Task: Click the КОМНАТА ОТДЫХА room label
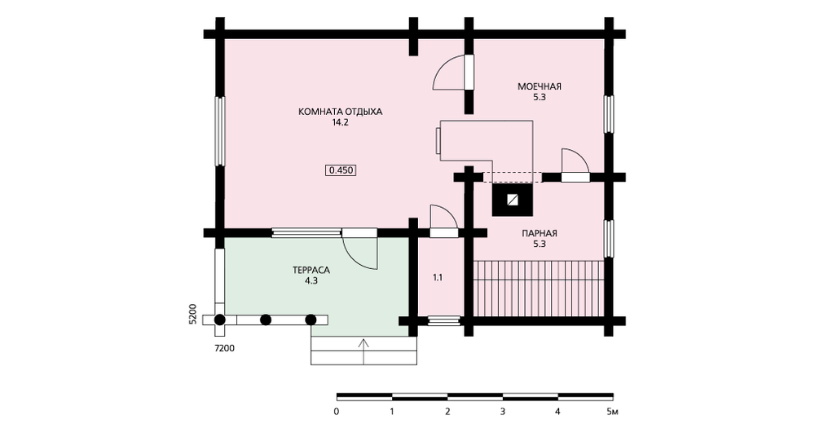[x=340, y=112]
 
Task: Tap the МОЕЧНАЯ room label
[x=539, y=86]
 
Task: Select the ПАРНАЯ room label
[x=540, y=233]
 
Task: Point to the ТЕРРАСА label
[x=311, y=271]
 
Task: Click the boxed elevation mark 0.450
[x=341, y=170]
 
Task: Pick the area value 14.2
[x=340, y=123]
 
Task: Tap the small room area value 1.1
[x=438, y=278]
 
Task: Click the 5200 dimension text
[x=192, y=314]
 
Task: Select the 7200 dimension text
[x=225, y=348]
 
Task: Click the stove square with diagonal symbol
[x=513, y=200]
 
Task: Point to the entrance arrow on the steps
[x=363, y=351]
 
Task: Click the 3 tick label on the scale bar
[x=503, y=412]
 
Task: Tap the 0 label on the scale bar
[x=337, y=412]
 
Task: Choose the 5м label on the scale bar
[x=612, y=412]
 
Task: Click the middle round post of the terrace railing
[x=266, y=320]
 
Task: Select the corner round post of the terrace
[x=220, y=320]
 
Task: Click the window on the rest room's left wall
[x=220, y=131]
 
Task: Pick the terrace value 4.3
[x=311, y=281]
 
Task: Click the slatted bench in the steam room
[x=540, y=289]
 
